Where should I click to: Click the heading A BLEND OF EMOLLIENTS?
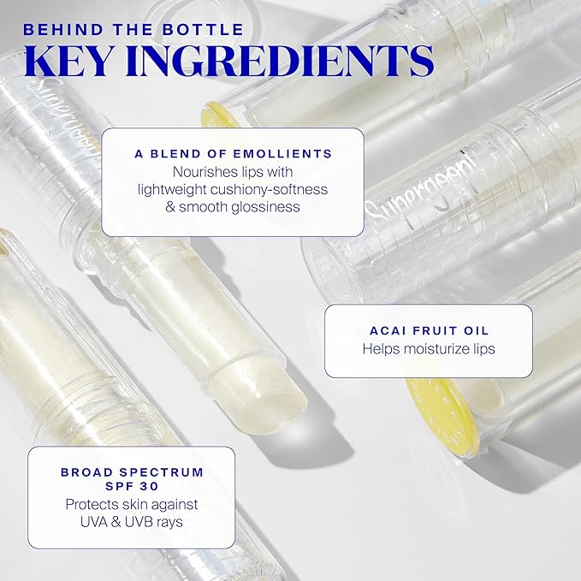coord(233,154)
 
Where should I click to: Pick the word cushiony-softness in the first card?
coord(275,189)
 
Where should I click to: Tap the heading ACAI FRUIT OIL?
coord(428,330)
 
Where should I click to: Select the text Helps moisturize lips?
coord(428,349)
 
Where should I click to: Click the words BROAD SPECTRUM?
coord(132,471)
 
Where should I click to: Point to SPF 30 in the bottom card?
coord(132,486)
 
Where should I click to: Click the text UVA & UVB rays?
coord(132,522)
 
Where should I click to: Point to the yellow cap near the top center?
coord(219,116)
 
